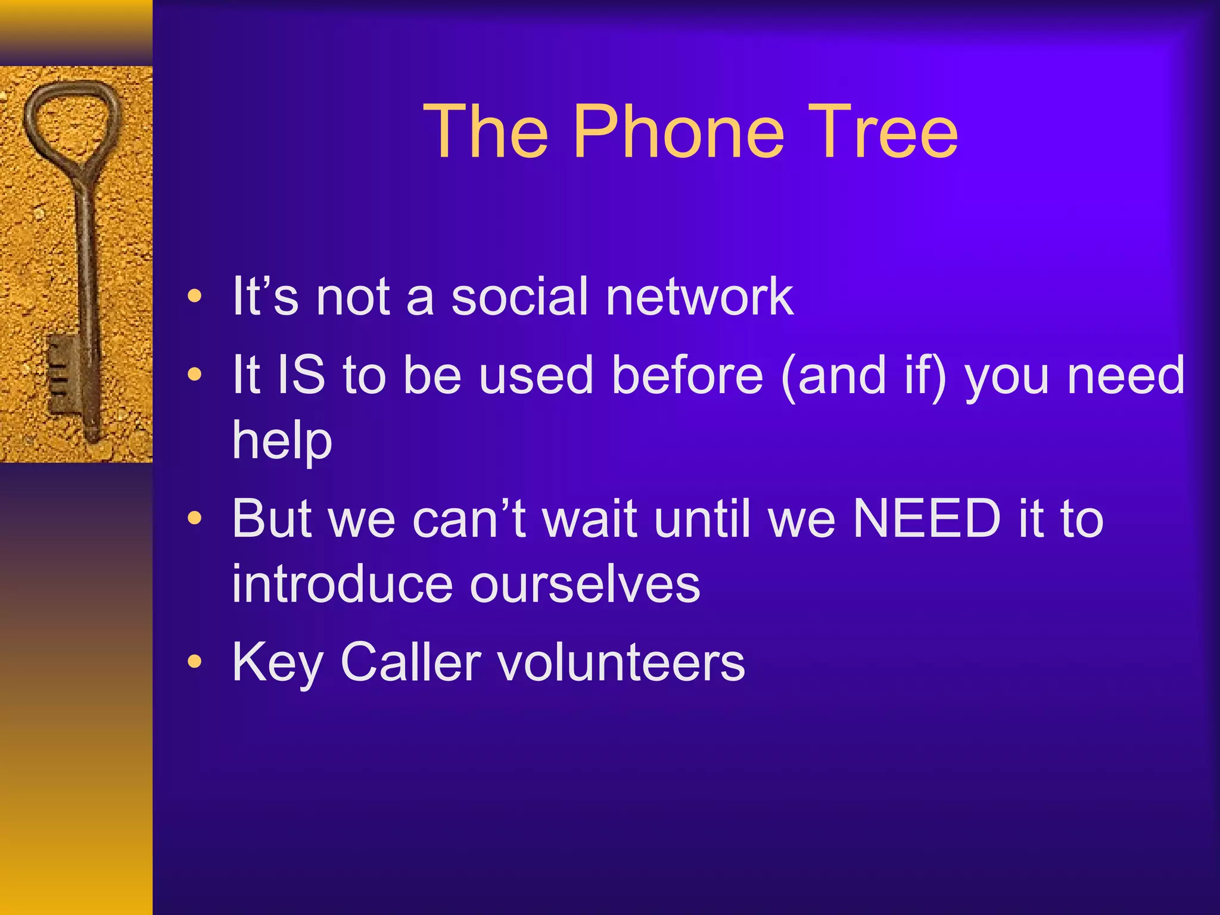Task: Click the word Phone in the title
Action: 679,132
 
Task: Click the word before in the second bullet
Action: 687,375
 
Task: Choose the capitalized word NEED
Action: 927,518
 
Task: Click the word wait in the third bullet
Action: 590,518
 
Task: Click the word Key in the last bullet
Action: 278,662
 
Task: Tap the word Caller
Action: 411,662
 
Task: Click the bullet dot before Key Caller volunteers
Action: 194,662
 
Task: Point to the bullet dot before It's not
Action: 194,295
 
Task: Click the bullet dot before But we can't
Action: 194,518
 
